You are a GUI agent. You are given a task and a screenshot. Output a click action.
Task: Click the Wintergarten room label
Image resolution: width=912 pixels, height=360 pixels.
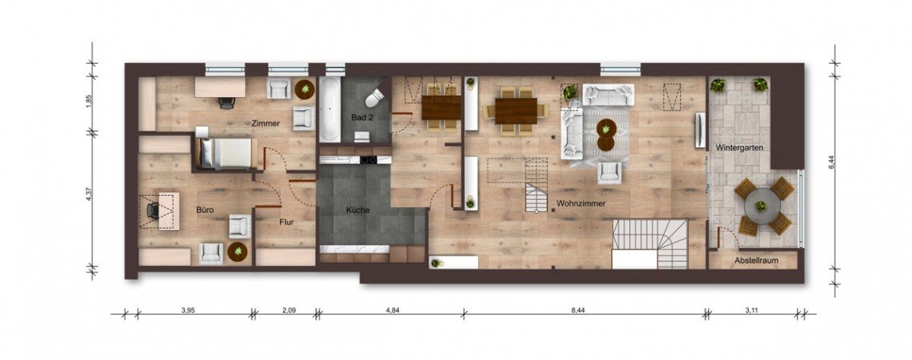(739, 148)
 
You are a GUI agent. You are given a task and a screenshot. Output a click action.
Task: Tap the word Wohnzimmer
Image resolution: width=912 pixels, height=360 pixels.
(581, 204)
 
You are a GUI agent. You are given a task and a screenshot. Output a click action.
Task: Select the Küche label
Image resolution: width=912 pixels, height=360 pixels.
(358, 210)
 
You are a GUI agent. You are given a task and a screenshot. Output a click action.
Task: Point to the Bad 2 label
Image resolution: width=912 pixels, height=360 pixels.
(362, 118)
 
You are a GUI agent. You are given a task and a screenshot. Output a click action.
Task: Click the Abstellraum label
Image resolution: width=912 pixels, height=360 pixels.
(756, 260)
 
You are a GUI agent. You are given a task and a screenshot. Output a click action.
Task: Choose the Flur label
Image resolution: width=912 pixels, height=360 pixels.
(287, 221)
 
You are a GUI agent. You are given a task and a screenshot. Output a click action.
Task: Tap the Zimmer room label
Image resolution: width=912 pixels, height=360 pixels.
(266, 123)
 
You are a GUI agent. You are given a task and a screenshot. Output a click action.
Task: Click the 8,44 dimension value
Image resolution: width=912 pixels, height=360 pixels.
(577, 311)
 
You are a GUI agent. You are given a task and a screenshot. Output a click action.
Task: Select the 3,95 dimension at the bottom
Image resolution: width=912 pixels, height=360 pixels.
(187, 311)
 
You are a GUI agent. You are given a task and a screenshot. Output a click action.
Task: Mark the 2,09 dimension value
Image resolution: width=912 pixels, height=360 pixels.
(289, 311)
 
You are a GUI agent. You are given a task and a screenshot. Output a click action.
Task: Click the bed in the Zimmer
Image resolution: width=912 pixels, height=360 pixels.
(226, 154)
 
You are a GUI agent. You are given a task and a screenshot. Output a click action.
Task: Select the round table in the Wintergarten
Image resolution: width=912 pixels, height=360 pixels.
(761, 205)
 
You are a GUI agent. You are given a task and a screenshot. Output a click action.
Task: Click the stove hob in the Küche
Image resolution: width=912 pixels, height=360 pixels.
(369, 159)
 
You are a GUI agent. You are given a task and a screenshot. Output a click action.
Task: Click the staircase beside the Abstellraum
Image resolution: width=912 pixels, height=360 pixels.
(650, 244)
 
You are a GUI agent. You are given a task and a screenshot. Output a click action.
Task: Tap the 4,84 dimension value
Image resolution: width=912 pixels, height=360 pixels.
(393, 311)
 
